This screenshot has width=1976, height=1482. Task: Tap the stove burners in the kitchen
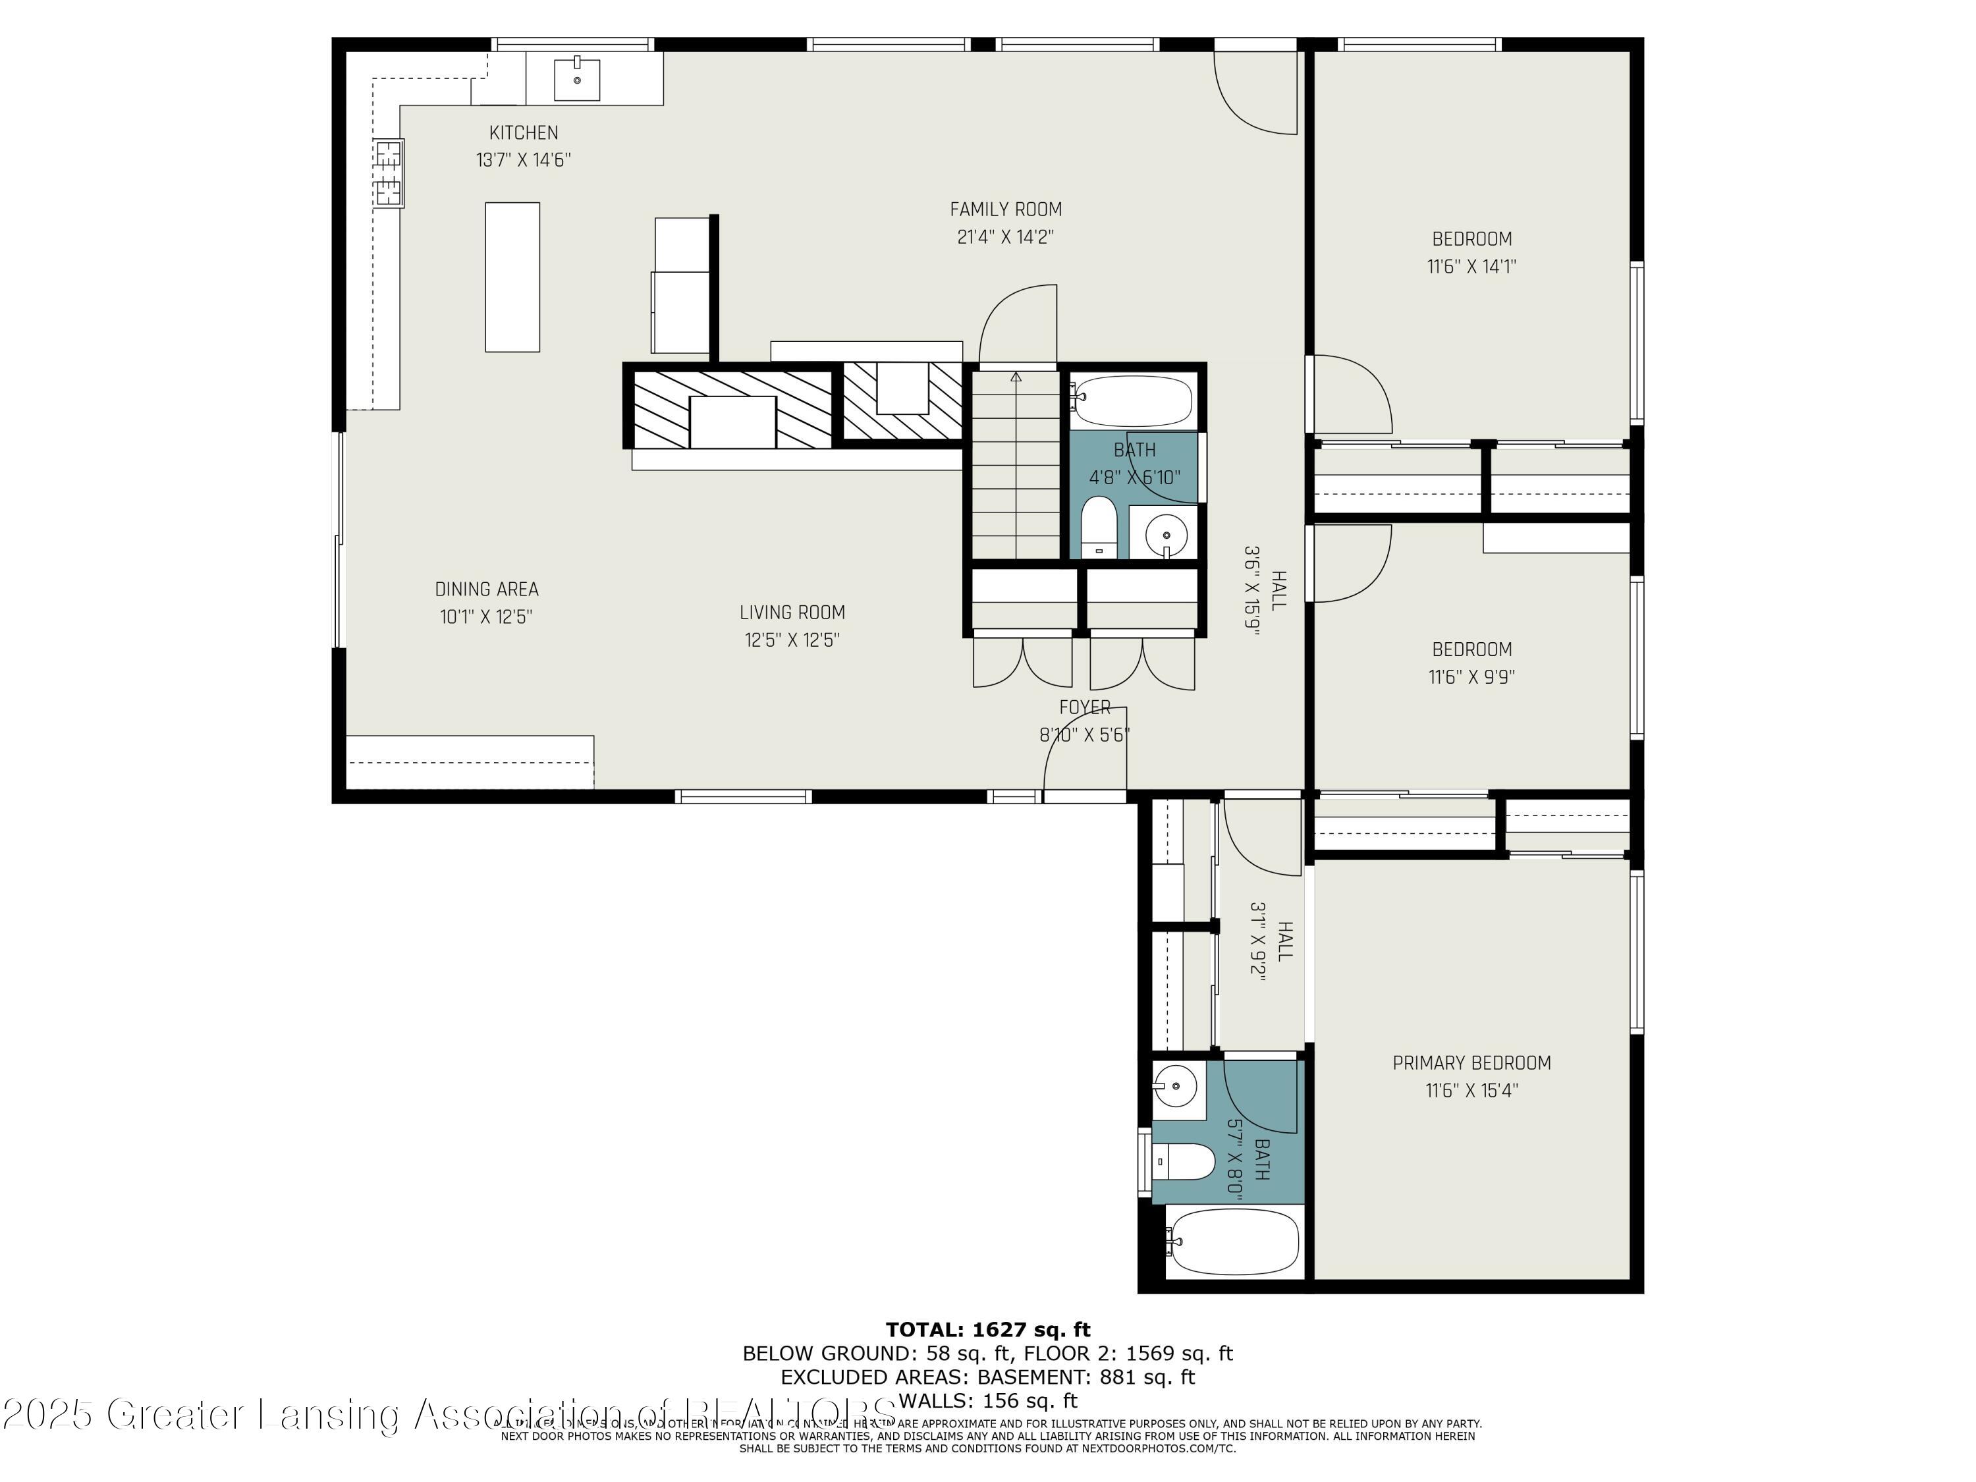point(389,173)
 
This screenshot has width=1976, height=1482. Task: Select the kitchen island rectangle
point(512,277)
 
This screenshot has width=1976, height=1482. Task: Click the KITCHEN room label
point(524,133)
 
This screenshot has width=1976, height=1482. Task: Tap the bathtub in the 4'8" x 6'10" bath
point(1133,401)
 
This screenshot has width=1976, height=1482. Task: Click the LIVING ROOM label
point(792,613)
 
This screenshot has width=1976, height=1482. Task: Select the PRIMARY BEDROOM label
point(1471,1063)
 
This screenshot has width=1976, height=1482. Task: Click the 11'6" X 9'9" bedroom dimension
point(1471,677)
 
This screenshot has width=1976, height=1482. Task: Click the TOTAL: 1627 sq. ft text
point(987,1330)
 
